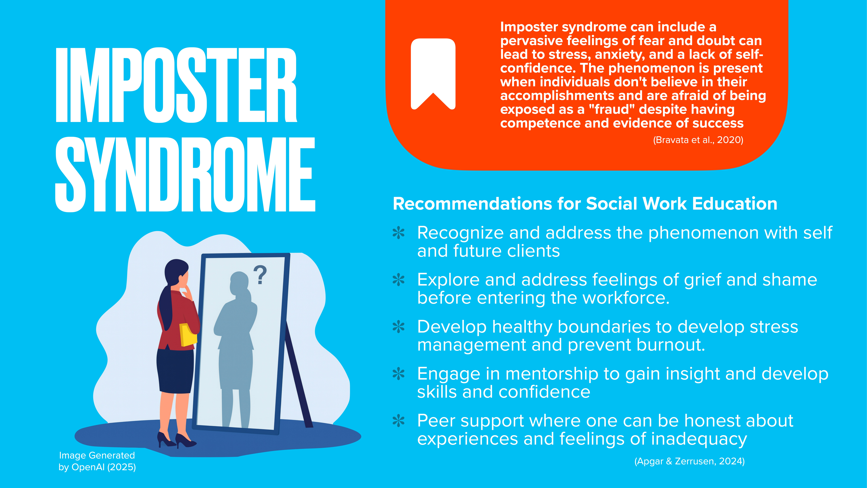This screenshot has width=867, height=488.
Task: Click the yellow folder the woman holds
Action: point(188,334)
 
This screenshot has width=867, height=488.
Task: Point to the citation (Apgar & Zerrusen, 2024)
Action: point(689,461)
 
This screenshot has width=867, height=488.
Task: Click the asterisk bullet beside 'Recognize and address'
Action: point(399,233)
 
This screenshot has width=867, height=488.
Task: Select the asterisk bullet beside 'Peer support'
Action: point(399,421)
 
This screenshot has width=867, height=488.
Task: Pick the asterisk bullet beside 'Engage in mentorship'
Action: point(399,374)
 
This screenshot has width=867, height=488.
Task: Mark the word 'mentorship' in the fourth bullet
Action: point(551,374)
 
